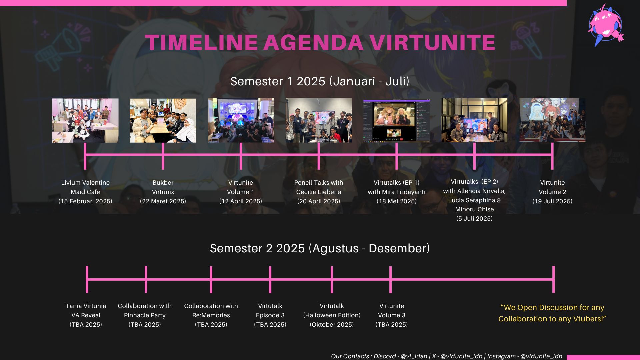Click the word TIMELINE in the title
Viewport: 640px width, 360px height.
[201, 43]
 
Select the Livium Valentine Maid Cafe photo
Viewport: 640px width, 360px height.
[85, 120]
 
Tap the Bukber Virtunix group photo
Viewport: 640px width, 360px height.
[163, 120]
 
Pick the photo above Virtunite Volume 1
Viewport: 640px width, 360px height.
[241, 120]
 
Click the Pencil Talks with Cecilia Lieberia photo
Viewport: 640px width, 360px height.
[319, 120]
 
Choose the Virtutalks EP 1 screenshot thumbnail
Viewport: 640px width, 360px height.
[396, 120]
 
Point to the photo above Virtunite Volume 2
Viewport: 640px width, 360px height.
[552, 120]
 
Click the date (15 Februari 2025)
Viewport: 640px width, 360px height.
[85, 201]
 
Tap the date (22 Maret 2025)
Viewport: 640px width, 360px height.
[163, 201]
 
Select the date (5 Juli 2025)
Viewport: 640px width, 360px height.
[474, 219]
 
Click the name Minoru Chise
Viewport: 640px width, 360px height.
[474, 209]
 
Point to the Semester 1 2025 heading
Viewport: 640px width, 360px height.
[320, 81]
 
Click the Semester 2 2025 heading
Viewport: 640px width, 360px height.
[320, 248]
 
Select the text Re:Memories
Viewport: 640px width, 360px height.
[211, 315]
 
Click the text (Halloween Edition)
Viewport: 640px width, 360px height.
[332, 315]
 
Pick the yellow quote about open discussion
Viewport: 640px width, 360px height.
[552, 313]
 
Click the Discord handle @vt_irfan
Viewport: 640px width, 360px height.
[414, 356]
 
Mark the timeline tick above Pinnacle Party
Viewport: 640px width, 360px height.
[146, 280]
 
